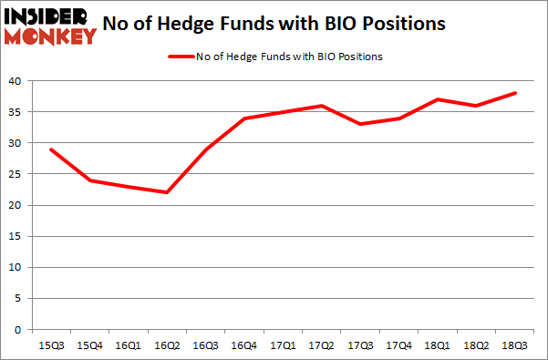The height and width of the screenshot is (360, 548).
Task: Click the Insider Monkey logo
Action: (50, 26)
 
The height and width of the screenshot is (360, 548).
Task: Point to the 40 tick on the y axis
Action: (15, 81)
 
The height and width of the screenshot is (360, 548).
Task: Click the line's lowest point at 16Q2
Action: (167, 192)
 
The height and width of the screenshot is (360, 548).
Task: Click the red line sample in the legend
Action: (180, 57)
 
